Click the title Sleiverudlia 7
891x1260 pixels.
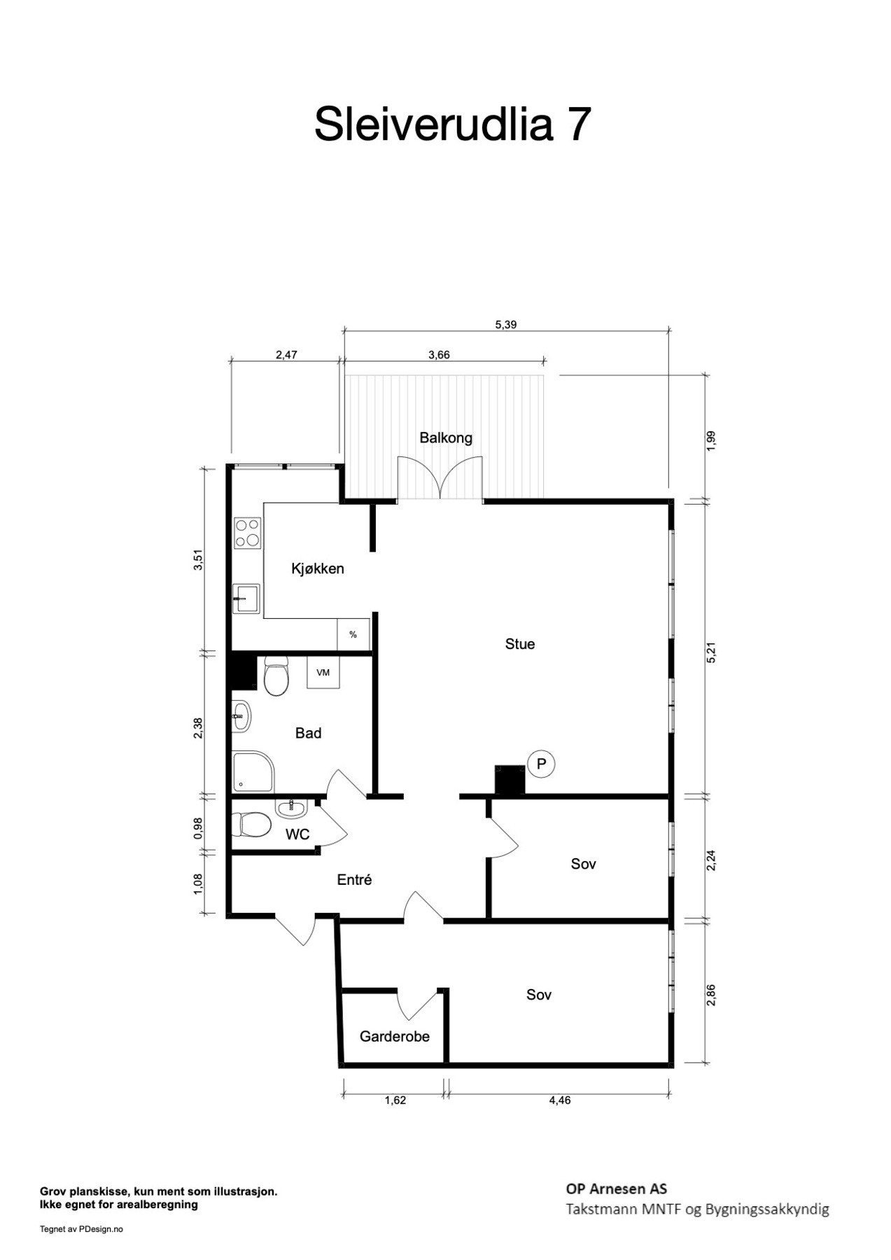pos(453,125)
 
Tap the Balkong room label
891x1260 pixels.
pos(446,438)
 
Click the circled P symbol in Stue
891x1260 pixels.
pos(540,764)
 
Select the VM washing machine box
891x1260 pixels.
pos(323,673)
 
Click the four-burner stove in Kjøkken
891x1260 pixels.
pos(247,533)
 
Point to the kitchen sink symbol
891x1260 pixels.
pos(246,598)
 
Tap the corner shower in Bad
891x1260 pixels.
pos(254,772)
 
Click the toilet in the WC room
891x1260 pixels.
pos(253,825)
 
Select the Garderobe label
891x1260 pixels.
pos(395,1036)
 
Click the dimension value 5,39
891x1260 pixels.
pos(506,325)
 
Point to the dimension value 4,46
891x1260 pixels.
pos(560,1100)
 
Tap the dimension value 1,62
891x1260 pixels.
pos(395,1100)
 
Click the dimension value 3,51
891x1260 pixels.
pos(199,561)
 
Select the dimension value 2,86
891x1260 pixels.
pos(711,995)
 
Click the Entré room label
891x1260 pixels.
pos(354,880)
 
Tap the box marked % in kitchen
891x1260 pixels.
pos(353,635)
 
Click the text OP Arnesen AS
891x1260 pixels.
pos(616,1189)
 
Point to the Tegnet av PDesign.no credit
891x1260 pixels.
pos(81,1228)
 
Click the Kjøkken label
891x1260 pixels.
pos(318,569)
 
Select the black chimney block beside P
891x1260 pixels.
pos(510,780)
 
